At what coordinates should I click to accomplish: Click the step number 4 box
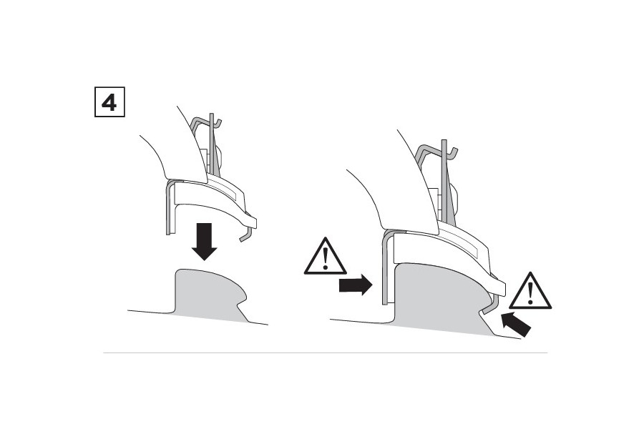[109, 102]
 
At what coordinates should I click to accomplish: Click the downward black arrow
[204, 242]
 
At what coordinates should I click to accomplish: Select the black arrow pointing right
[356, 285]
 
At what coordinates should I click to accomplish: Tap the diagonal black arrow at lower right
[516, 324]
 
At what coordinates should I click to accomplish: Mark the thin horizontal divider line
[326, 352]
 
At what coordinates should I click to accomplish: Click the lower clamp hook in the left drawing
[246, 234]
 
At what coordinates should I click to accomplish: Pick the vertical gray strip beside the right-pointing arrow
[385, 269]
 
